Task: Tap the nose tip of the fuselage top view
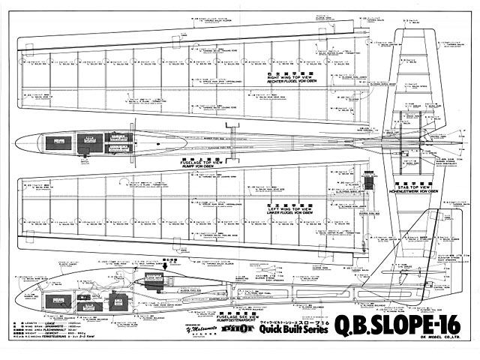(x=16, y=141)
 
